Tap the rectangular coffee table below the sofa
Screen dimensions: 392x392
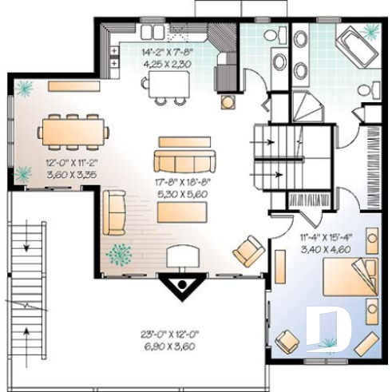click(x=183, y=212)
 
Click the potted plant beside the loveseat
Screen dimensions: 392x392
click(x=121, y=254)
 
